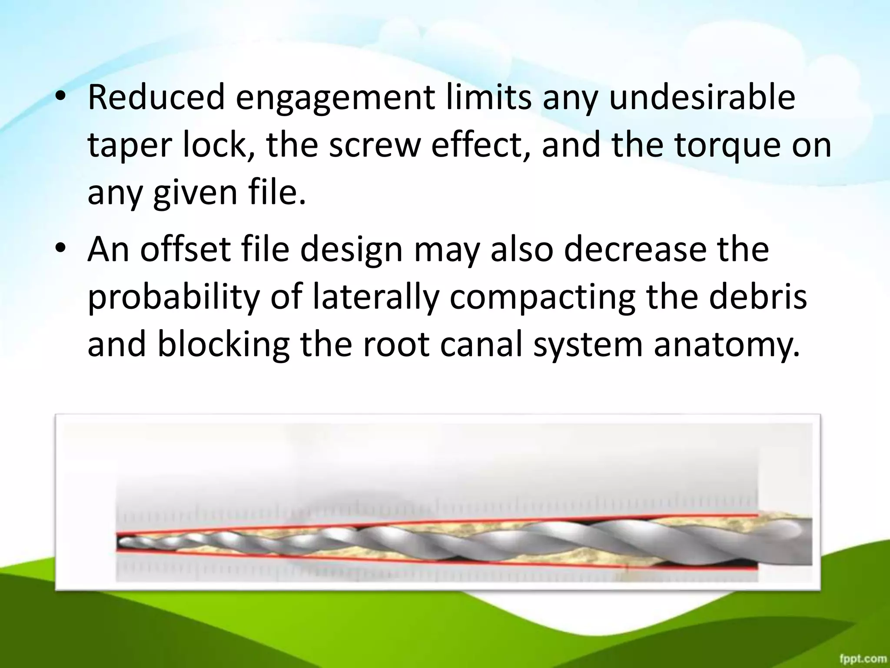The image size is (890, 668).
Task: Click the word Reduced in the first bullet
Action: click(x=156, y=97)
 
